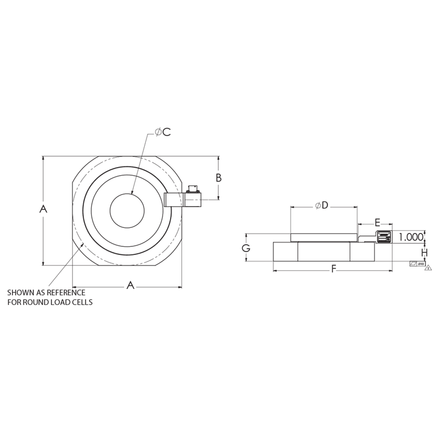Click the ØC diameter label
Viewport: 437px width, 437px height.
[163, 132]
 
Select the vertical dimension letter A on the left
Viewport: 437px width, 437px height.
[42, 210]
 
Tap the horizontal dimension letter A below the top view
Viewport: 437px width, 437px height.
[130, 285]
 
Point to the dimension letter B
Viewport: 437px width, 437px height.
[219, 178]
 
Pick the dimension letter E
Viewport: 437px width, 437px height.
[377, 222]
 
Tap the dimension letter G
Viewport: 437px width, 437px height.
[246, 248]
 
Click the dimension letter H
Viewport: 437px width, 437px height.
[424, 253]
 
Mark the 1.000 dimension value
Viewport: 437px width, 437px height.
[411, 237]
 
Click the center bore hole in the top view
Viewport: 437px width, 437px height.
[128, 210]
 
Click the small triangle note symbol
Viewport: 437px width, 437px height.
[428, 268]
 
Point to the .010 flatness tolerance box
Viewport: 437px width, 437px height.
[416, 264]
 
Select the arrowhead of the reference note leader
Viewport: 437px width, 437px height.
[83, 245]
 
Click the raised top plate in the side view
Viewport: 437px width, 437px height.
[323, 237]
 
